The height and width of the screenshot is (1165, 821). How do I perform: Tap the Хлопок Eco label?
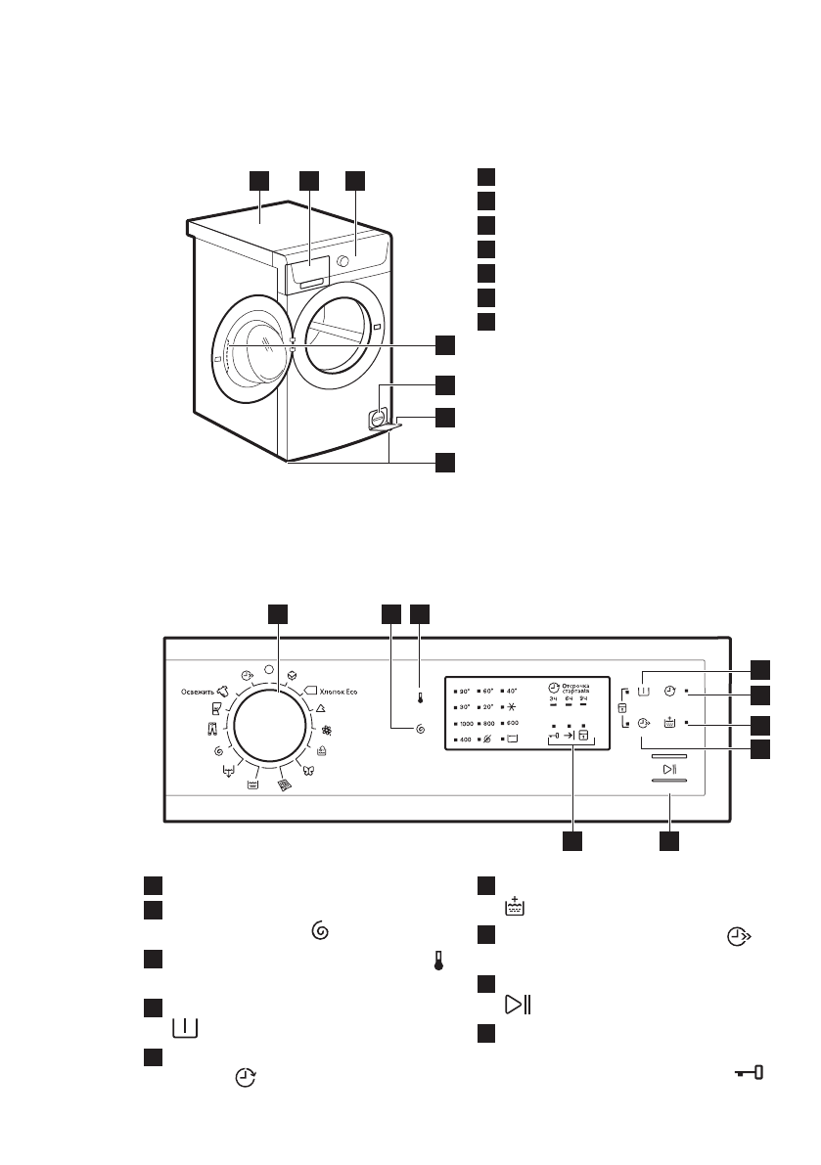point(338,692)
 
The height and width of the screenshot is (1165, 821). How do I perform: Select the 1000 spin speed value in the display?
point(467,723)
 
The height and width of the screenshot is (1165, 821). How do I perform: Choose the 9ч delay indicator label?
point(584,699)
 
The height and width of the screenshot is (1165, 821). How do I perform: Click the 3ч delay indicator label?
point(552,699)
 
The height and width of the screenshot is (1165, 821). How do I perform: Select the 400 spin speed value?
point(465,739)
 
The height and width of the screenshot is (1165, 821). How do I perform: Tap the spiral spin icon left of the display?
point(420,729)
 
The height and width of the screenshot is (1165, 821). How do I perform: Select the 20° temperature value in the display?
point(488,706)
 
